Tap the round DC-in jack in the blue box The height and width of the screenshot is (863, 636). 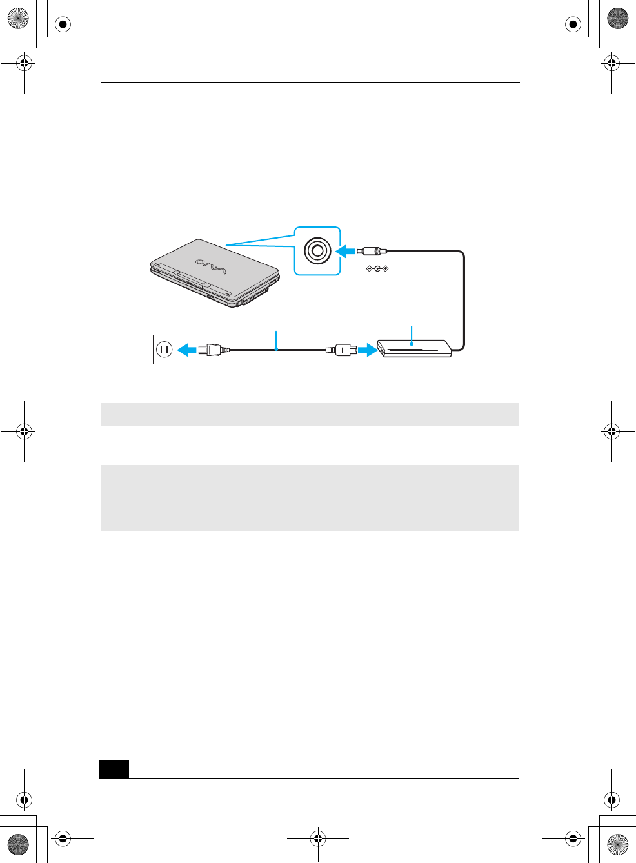click(x=317, y=250)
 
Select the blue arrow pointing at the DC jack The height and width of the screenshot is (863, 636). click(x=346, y=251)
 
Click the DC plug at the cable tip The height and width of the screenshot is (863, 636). click(x=372, y=251)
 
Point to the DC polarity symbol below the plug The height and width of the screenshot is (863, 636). click(x=377, y=268)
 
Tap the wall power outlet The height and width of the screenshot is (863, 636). click(x=164, y=349)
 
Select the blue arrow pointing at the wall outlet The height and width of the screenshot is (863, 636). click(x=186, y=350)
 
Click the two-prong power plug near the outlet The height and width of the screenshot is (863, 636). click(x=214, y=350)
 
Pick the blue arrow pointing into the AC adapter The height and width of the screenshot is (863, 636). click(x=367, y=350)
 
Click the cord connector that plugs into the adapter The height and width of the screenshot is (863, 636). click(x=341, y=350)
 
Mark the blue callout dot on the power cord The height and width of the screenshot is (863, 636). click(x=276, y=350)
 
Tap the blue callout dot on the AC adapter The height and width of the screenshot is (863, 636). click(x=411, y=344)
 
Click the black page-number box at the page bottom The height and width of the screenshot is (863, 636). click(x=114, y=769)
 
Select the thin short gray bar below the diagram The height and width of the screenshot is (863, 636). click(x=310, y=414)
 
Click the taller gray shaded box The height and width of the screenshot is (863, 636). click(x=310, y=497)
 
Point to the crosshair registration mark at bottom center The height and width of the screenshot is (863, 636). click(x=317, y=838)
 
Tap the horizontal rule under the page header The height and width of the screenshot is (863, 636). click(x=310, y=83)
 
